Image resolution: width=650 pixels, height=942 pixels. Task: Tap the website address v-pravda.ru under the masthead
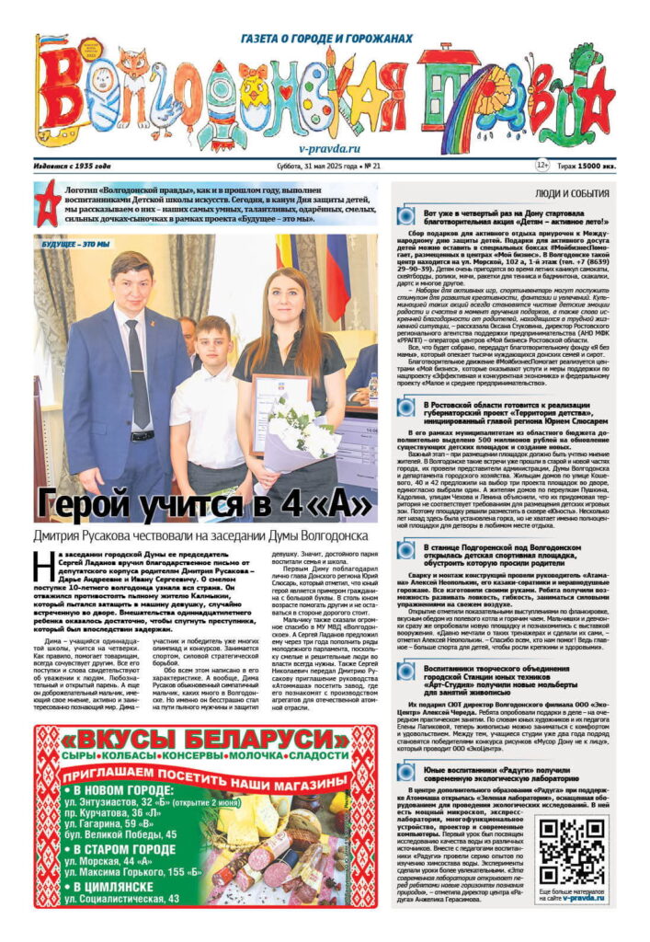pyautogui.click(x=329, y=147)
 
